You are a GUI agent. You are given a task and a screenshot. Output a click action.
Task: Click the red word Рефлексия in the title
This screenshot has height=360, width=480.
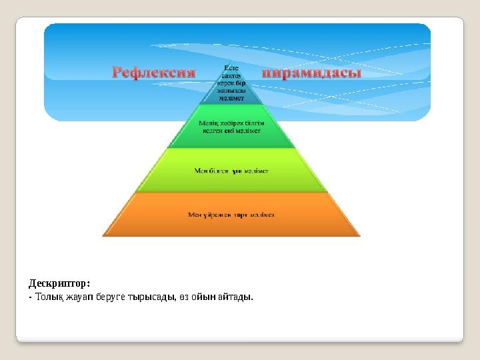(x=153, y=71)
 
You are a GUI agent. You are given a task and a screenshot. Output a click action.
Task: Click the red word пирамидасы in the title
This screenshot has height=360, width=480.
(x=312, y=71)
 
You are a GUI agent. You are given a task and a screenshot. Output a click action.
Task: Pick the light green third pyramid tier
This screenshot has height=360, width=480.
(x=231, y=171)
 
